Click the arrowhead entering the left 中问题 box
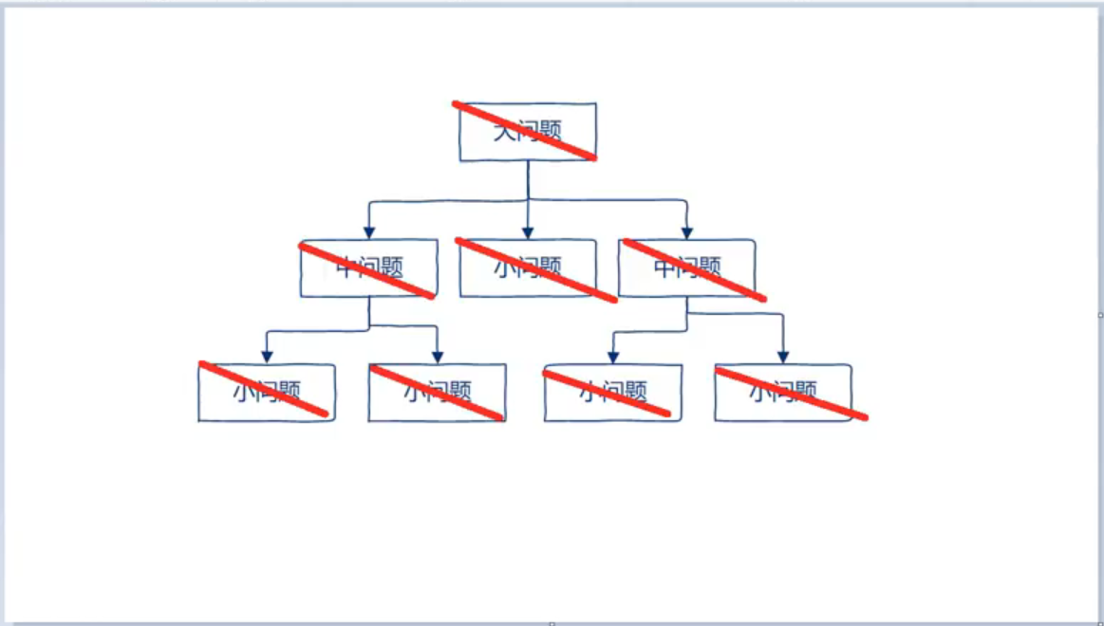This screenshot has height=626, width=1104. click(369, 231)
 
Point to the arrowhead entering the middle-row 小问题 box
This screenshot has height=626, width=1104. click(528, 231)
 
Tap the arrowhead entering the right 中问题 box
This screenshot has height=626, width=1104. click(686, 231)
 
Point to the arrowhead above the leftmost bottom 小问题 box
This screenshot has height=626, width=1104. click(267, 357)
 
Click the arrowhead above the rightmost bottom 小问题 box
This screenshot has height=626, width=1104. click(782, 357)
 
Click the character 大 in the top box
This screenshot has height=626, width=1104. click(503, 132)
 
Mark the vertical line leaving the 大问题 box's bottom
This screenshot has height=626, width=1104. click(528, 180)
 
